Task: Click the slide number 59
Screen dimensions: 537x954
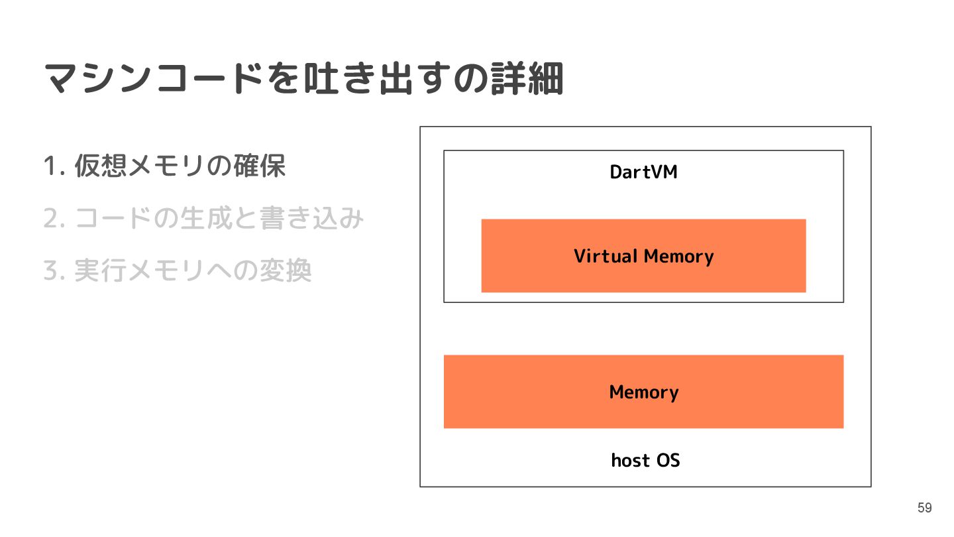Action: pyautogui.click(x=924, y=508)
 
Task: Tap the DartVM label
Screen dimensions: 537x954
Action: pyautogui.click(x=643, y=172)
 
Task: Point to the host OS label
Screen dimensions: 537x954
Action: pyautogui.click(x=645, y=459)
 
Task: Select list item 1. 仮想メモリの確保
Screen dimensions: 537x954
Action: pyautogui.click(x=164, y=166)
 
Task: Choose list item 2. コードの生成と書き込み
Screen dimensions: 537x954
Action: pyautogui.click(x=203, y=218)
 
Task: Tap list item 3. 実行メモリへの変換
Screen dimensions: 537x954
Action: pyautogui.click(x=178, y=270)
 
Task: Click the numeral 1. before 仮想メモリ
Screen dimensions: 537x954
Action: pyautogui.click(x=53, y=166)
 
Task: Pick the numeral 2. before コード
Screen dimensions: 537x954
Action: pyautogui.click(x=53, y=219)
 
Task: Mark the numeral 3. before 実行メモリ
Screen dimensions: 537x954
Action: pyautogui.click(x=53, y=271)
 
